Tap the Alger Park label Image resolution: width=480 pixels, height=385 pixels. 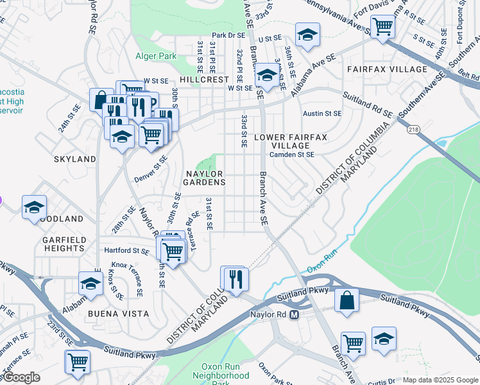156,56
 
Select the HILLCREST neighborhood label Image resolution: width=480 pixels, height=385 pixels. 204,80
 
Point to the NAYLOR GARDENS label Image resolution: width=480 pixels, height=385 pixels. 205,178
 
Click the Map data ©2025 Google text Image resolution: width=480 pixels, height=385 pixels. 441,380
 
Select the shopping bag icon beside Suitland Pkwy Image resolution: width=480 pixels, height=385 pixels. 347,300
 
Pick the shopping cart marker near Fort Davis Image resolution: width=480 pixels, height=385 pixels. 382,27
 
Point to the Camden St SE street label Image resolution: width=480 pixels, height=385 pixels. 292,155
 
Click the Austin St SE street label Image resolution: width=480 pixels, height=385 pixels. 322,114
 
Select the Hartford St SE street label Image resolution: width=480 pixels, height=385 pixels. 128,250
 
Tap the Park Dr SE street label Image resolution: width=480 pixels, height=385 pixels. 229,35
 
